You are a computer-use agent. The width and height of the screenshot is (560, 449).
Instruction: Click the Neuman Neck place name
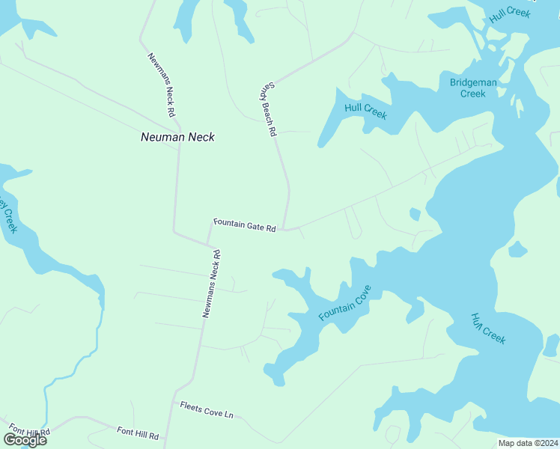pos(177,137)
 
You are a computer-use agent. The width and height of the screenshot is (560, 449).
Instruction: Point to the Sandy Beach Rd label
pos(269,109)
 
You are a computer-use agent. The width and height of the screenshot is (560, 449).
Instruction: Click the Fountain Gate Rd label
pos(245,224)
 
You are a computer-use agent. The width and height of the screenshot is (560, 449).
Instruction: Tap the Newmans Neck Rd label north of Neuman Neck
pos(162,84)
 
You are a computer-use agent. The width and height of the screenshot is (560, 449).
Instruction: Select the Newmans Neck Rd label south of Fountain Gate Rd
pos(211,284)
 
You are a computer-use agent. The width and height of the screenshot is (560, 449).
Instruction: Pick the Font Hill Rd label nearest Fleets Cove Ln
pos(138,433)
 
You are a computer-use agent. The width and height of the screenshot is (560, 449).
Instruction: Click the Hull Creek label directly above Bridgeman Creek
pos(509,15)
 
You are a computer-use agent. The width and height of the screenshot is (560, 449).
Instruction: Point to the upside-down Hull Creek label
pos(489,329)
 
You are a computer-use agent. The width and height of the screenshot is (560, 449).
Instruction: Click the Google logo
pos(25,439)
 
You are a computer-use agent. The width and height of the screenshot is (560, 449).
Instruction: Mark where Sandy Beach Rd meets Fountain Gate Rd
pos(285,229)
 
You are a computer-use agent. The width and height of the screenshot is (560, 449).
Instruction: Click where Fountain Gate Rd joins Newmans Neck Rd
pos(208,244)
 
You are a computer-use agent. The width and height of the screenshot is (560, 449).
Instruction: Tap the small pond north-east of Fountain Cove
pos(415,214)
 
